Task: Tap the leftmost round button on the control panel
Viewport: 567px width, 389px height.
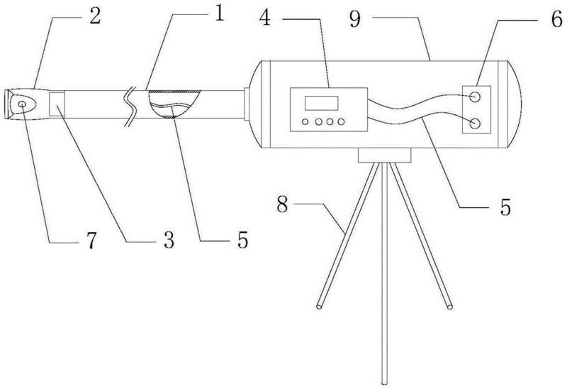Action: (305, 122)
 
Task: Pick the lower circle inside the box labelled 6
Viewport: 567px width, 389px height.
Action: (475, 124)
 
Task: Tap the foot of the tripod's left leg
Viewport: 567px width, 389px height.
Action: (320, 306)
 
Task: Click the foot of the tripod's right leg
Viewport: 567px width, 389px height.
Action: (448, 306)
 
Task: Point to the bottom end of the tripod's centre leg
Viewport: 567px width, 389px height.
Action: (383, 382)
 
